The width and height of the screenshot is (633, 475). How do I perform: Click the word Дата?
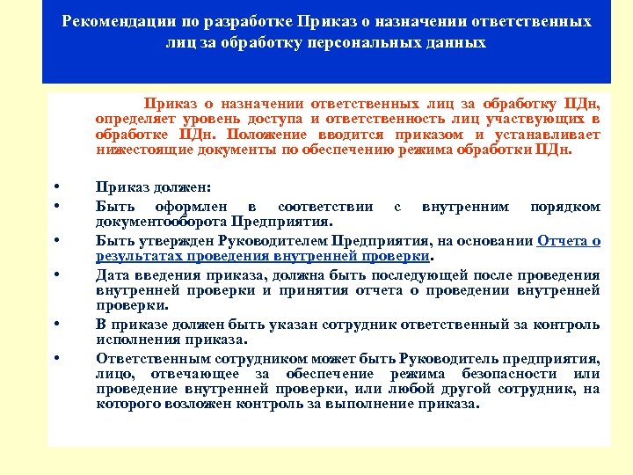(113, 275)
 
